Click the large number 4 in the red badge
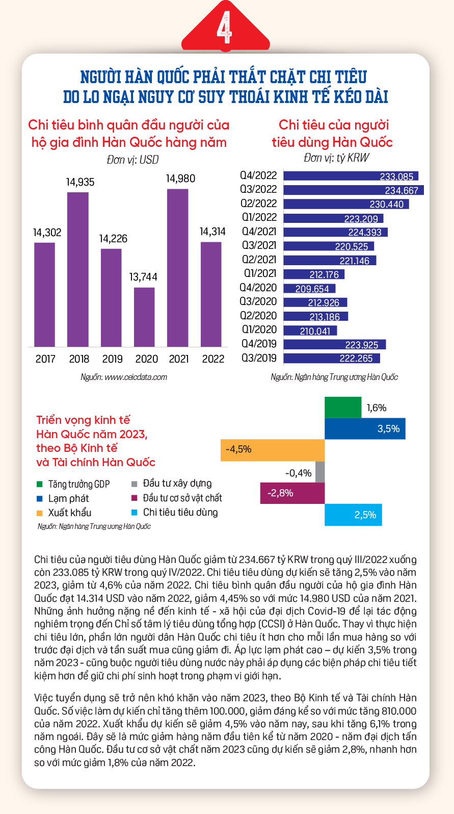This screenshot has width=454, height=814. point(224,27)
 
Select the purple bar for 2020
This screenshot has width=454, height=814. point(144,317)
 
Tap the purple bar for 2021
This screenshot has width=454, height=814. point(177,268)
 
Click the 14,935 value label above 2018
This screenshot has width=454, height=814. point(80,182)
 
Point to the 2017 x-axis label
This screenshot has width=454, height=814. point(45,359)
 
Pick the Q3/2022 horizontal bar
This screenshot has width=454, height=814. point(354,190)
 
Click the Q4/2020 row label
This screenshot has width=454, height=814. point(258,288)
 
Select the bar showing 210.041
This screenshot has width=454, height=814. point(310,330)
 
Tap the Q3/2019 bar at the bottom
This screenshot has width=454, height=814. point(332,359)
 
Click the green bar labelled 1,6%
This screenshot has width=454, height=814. point(343,408)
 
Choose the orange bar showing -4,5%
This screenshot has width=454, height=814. point(273,450)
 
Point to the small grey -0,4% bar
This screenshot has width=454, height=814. point(320,472)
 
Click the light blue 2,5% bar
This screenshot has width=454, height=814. point(353,515)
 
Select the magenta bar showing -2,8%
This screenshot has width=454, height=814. point(292,493)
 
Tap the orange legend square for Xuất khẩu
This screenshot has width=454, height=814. point(40,513)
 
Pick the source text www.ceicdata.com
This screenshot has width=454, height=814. point(136,377)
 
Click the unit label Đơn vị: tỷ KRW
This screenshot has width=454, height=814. point(336,158)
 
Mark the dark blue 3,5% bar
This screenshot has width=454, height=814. point(365,429)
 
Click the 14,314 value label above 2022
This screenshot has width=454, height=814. point(212,232)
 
